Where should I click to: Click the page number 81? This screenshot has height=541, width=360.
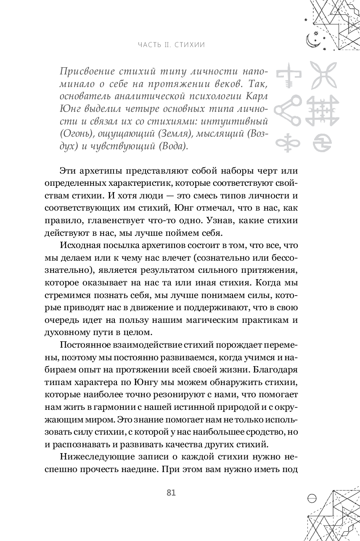point(171,493)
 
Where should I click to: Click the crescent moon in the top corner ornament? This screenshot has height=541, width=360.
point(311,40)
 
